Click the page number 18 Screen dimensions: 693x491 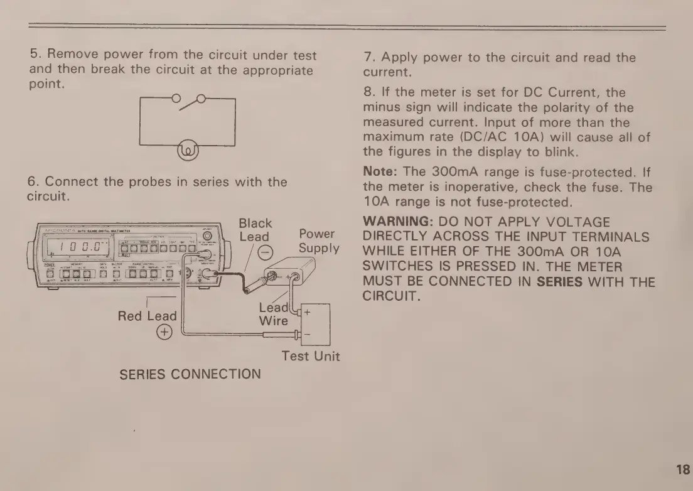pyautogui.click(x=683, y=469)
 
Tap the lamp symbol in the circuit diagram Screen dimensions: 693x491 pyautogui.click(x=188, y=151)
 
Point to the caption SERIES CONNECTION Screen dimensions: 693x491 pyautogui.click(x=190, y=374)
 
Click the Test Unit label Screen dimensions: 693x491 pyautogui.click(x=311, y=356)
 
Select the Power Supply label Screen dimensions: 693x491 pyautogui.click(x=318, y=240)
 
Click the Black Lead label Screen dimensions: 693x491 pyautogui.click(x=255, y=230)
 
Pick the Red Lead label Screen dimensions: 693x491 pyautogui.click(x=147, y=316)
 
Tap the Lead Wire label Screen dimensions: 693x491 pyautogui.click(x=273, y=315)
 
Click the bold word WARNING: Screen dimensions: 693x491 pyautogui.click(x=399, y=222)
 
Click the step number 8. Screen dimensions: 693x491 pyautogui.click(x=368, y=92)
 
